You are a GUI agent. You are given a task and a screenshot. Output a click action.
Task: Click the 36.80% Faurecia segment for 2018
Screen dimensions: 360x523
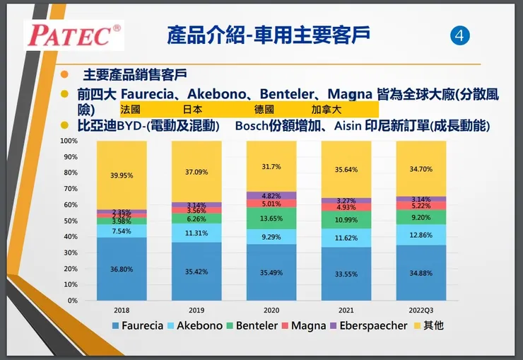pos(122,269)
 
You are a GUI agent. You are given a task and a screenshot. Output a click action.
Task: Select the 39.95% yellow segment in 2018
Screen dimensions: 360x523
pos(122,175)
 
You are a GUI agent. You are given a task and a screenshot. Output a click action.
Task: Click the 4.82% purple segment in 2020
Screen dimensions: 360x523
pos(271,195)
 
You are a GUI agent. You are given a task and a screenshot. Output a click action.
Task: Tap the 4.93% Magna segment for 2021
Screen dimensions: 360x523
pos(346,207)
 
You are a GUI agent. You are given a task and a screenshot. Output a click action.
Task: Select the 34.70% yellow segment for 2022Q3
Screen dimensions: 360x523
pos(421,169)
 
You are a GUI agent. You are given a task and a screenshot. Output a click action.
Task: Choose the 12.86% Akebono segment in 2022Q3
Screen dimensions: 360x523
pos(421,235)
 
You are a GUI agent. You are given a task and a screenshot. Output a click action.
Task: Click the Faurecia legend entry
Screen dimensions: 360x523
pos(138,326)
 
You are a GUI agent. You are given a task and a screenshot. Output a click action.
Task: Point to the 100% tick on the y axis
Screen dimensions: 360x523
pos(69,141)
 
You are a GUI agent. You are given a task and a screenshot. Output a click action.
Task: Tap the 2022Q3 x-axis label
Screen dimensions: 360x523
pos(421,310)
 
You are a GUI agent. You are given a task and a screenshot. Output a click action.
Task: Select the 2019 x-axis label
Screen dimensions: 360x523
pos(196,310)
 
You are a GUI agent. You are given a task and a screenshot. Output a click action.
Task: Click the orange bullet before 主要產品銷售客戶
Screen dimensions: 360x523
pos(65,74)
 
